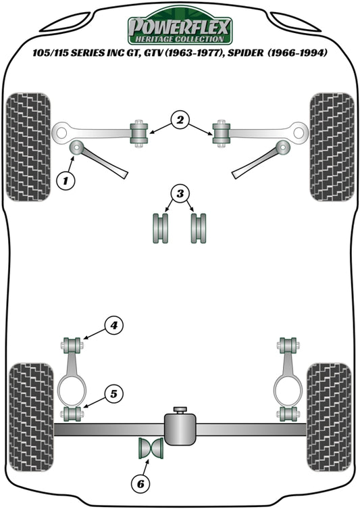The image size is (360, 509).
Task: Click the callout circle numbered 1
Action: [66, 180]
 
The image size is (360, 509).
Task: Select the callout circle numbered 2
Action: [179, 121]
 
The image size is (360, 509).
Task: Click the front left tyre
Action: [28, 146]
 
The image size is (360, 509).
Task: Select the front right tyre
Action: [332, 146]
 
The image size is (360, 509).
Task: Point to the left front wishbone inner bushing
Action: [140, 132]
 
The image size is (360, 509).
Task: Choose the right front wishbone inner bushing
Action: [221, 132]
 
